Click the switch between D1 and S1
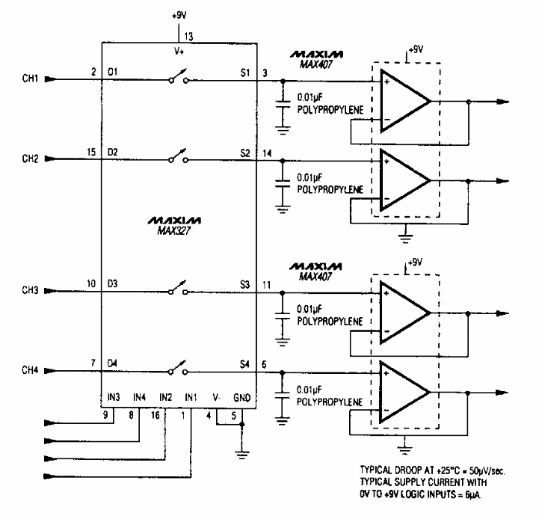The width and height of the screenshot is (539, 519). coord(179,76)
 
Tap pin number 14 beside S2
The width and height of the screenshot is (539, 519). coord(267,153)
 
